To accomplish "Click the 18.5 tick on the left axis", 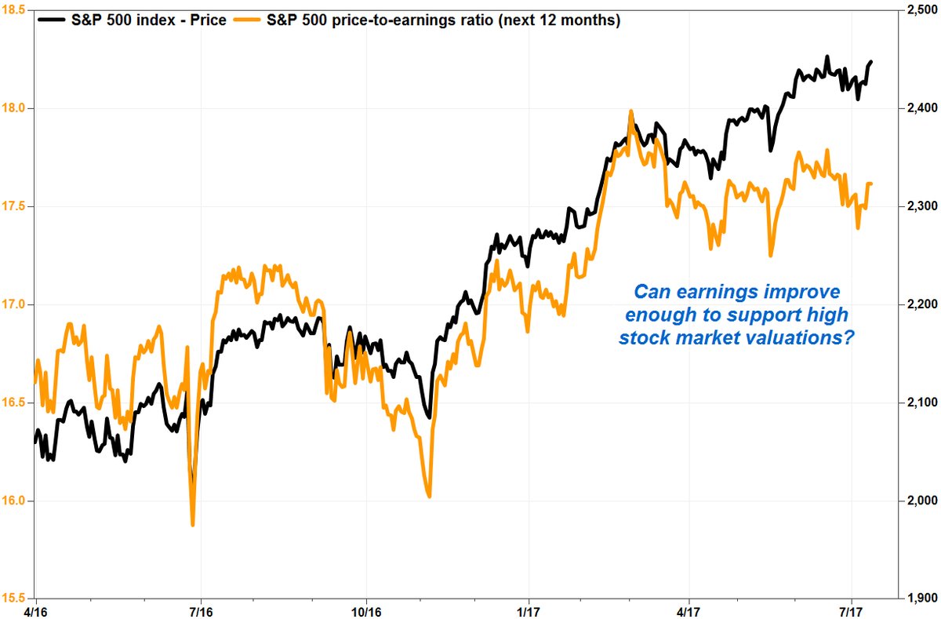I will click(16, 10).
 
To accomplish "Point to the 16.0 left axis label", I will click(16, 501).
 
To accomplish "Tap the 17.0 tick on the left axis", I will click(16, 304).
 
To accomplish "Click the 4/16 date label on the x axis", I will click(36, 610).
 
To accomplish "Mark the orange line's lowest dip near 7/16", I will click(193, 524).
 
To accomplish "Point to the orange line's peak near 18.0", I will click(630, 112).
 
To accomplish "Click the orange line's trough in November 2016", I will click(429, 496).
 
